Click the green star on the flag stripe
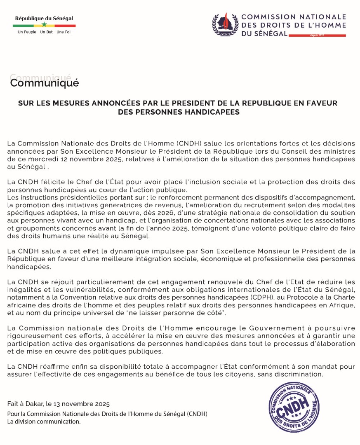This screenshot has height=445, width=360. click(x=44, y=25)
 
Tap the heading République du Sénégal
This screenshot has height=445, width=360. click(x=44, y=19)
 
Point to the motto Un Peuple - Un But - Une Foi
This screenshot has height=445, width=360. click(x=44, y=32)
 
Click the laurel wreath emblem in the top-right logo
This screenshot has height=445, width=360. click(x=225, y=25)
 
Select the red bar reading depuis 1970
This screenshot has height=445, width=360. click(x=317, y=35)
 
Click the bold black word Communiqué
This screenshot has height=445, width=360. click(x=44, y=83)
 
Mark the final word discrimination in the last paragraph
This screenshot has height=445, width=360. click(x=298, y=374)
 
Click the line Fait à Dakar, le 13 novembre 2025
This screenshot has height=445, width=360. click(x=59, y=404)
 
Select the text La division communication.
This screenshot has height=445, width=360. click(x=44, y=422)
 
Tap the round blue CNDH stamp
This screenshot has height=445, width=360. click(x=294, y=408)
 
